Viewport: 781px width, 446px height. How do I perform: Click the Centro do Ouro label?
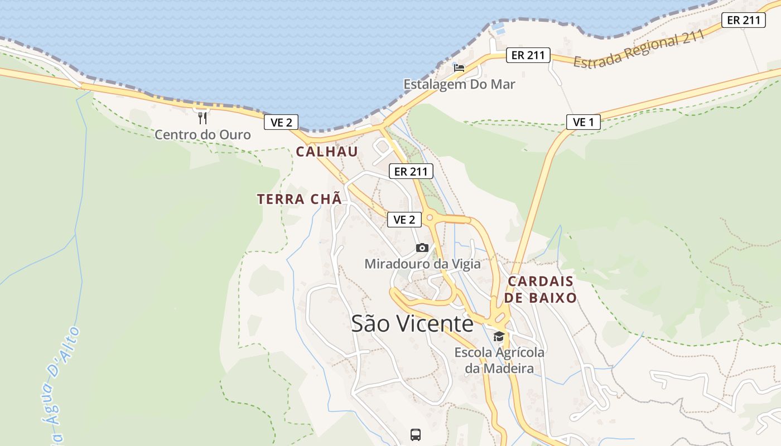point(203,134)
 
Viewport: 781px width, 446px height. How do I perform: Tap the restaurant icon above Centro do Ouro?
point(203,118)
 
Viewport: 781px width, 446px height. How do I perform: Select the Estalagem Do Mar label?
point(459,84)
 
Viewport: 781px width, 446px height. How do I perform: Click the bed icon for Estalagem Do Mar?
point(459,67)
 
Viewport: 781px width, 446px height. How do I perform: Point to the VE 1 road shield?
point(583,122)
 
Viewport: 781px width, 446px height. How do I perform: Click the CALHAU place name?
point(327,152)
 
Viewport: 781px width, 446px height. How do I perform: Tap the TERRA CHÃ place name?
point(299,199)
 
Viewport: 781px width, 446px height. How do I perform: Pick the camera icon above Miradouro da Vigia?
point(422,248)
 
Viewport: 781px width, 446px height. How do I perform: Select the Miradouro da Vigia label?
point(422,263)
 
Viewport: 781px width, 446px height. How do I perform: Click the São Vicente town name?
point(412,323)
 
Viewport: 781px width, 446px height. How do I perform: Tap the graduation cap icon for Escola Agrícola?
point(499,336)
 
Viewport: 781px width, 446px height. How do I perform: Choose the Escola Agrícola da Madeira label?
point(499,360)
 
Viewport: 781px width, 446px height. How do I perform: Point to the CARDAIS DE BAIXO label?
point(541,289)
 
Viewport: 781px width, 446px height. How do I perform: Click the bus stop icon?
point(416,435)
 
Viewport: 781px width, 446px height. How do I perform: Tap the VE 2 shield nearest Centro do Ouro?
point(281,122)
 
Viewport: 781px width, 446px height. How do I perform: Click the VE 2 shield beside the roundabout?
point(404,220)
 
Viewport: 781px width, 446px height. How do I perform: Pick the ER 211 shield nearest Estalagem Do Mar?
point(528,55)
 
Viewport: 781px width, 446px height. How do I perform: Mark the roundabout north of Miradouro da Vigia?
point(430,217)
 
